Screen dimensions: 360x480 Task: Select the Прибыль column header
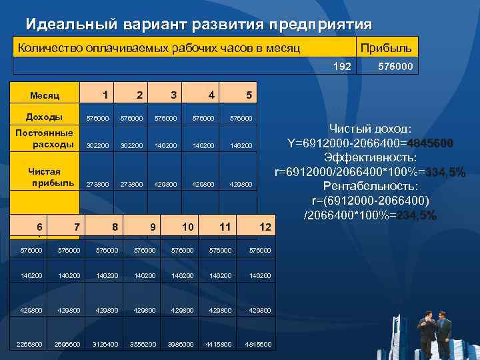tap(386, 48)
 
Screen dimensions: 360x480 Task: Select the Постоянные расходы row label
tap(44, 138)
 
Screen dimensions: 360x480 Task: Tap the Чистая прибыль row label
tap(44, 177)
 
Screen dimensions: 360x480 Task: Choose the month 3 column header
tap(173, 95)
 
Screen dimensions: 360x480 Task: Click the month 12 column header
tap(265, 227)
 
